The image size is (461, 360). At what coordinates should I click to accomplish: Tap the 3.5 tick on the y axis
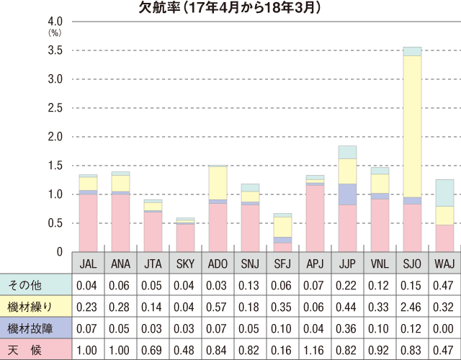click(x=55, y=50)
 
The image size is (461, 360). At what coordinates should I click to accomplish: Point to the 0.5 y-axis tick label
click(x=55, y=223)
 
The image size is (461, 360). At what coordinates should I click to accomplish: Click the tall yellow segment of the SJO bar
click(x=412, y=126)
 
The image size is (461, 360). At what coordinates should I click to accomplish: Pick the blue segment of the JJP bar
click(x=347, y=194)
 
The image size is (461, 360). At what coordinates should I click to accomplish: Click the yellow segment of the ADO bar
click(x=217, y=183)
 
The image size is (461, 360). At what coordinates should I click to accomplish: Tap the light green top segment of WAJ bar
click(x=445, y=192)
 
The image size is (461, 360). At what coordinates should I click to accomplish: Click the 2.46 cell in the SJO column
click(x=412, y=307)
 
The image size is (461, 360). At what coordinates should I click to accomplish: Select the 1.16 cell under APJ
click(x=314, y=350)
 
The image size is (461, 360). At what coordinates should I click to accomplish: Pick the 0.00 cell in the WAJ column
click(x=444, y=329)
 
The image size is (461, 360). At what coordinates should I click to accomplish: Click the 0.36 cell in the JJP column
click(x=347, y=329)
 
